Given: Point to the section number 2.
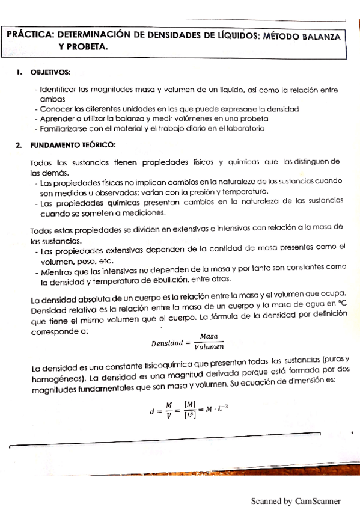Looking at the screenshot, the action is [19, 145].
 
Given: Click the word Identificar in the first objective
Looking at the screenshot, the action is [58, 90].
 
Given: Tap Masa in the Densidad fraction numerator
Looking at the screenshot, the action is [209, 336].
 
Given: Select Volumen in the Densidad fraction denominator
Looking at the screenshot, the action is [209, 346].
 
